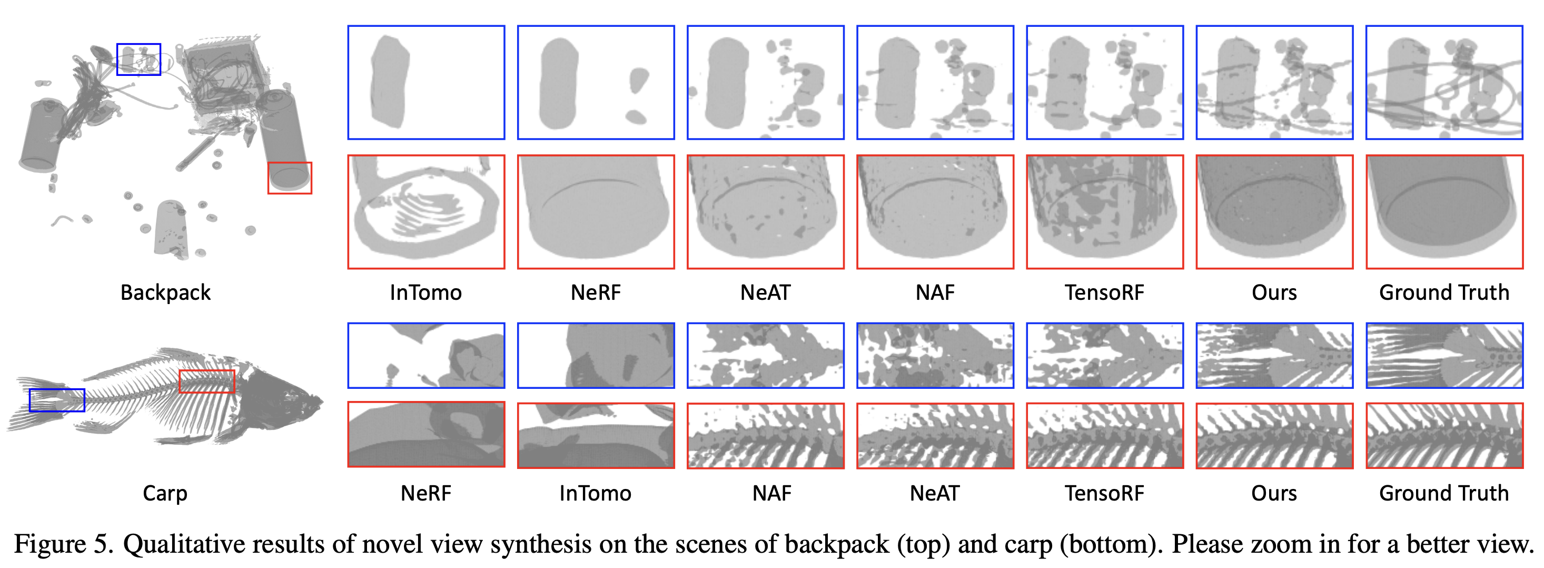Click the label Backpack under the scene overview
(x=165, y=293)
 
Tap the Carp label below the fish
(x=165, y=493)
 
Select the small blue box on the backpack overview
(x=138, y=60)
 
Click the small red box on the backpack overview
(x=290, y=178)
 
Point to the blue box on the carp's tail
(x=57, y=400)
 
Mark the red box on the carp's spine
(x=207, y=381)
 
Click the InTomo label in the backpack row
(x=425, y=293)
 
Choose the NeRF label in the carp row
(x=425, y=493)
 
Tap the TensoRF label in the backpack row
(x=1104, y=293)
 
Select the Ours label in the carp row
(x=1274, y=493)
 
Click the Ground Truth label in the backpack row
(x=1444, y=293)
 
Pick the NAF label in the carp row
(x=771, y=493)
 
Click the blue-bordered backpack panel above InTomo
(x=426, y=82)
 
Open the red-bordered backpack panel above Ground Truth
(x=1444, y=212)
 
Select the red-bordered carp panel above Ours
(x=1274, y=435)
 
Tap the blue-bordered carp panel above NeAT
(x=935, y=356)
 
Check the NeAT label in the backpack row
(x=765, y=293)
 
